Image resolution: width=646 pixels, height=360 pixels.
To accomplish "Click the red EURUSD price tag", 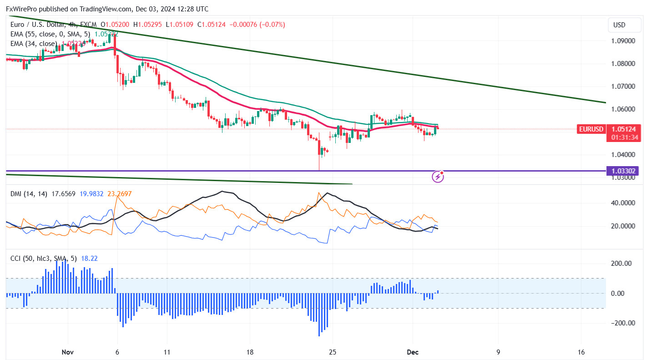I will click(x=591, y=129).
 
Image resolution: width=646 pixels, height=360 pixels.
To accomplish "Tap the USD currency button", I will click(x=619, y=25).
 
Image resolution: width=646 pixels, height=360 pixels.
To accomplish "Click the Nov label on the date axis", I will click(x=67, y=352).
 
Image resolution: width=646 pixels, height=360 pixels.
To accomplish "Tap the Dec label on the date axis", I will click(x=413, y=352).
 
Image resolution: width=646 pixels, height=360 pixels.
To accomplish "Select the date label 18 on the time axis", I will click(x=249, y=352).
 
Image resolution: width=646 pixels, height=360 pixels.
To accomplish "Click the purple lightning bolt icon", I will click(x=438, y=176).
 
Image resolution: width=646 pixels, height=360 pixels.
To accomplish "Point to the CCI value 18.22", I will click(x=89, y=259).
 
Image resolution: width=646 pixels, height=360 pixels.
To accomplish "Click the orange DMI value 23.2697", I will click(x=120, y=194).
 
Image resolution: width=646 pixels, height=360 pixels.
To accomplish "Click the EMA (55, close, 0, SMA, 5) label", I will click(x=50, y=34).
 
